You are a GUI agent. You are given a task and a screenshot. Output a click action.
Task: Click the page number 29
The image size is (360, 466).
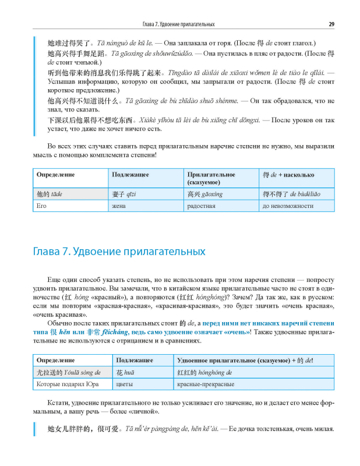[331, 24]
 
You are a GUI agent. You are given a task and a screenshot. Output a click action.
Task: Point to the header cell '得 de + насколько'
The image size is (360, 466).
[289, 174]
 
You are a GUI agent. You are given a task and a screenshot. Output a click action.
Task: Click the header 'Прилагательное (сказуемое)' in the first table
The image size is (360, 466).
[211, 178]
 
